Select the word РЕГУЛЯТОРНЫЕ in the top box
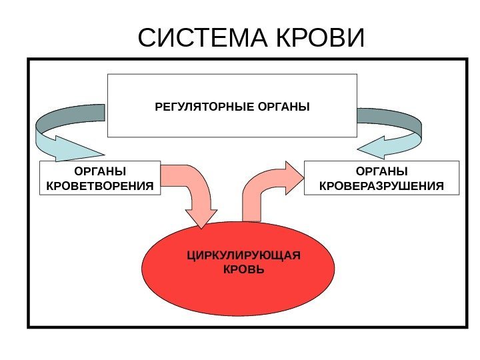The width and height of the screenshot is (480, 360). click(x=204, y=106)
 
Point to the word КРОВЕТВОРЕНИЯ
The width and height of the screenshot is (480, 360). click(x=101, y=184)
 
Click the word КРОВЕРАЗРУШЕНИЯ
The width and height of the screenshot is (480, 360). click(x=381, y=184)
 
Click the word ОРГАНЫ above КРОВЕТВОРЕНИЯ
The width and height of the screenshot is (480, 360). click(x=101, y=171)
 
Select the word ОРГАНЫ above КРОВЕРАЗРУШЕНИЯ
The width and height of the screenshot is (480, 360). click(x=381, y=171)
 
